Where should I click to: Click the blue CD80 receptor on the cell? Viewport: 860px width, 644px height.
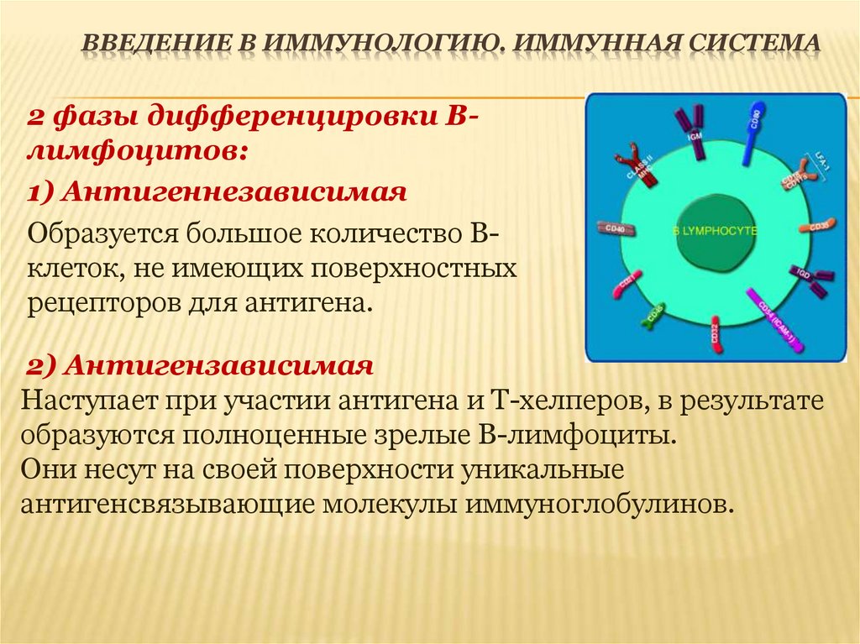tap(752, 123)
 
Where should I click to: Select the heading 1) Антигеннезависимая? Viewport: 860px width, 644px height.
tap(218, 193)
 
